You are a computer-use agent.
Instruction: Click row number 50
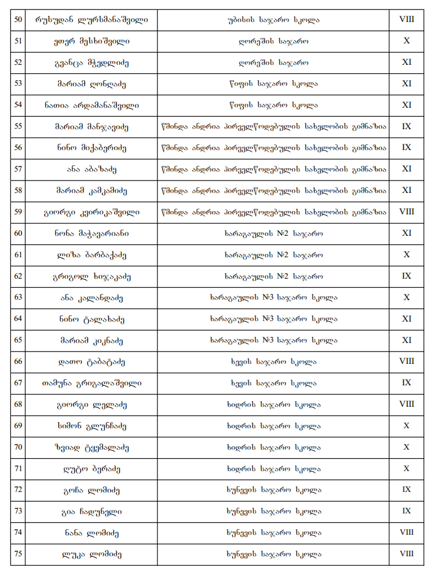18,20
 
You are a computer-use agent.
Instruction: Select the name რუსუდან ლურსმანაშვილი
92,20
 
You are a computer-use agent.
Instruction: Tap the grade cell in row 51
406,41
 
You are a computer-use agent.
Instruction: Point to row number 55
18,126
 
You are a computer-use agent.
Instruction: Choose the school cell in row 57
274,169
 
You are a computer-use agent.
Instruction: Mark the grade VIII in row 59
406,212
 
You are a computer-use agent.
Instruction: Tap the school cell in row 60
274,233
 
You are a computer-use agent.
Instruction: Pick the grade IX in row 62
406,276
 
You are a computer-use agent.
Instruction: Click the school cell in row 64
274,319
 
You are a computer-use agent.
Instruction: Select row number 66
18,362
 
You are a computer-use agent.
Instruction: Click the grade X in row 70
406,447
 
